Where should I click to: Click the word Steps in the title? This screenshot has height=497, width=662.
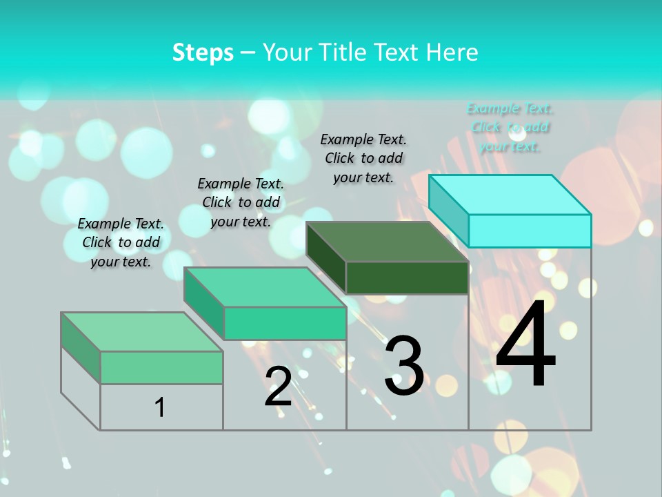click(203, 52)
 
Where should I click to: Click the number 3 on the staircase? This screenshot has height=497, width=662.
click(404, 366)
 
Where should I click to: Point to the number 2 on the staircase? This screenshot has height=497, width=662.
click(279, 387)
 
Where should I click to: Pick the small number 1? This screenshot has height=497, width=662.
click(160, 408)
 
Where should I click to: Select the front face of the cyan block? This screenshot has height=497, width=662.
click(530, 231)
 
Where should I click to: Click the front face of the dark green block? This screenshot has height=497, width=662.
click(407, 277)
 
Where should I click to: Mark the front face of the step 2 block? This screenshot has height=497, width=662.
click(285, 323)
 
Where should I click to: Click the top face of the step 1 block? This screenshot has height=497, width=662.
click(142, 332)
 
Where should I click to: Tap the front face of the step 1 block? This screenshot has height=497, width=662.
click(161, 367)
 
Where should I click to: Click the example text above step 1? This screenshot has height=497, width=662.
click(121, 243)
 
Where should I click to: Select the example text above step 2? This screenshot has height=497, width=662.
click(241, 202)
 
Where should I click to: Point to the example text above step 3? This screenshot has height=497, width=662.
click(363, 158)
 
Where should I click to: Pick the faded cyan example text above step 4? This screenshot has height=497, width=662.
click(510, 127)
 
